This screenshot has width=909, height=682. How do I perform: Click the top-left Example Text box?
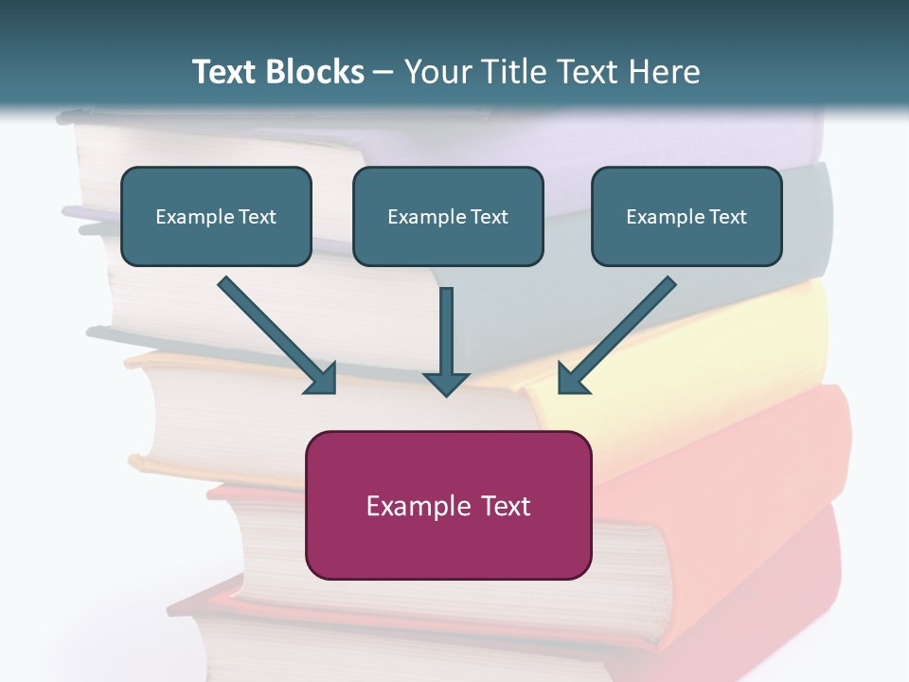tap(216, 216)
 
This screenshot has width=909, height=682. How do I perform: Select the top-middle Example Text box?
tap(448, 216)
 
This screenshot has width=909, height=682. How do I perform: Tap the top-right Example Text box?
tap(686, 216)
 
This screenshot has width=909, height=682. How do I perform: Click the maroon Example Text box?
tap(448, 505)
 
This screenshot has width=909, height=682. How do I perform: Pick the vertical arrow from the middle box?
tap(446, 336)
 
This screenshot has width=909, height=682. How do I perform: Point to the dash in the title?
tap(384, 72)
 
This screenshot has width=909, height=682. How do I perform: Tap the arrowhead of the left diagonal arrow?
tap(320, 378)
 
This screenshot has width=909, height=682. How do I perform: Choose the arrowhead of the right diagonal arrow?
tap(572, 378)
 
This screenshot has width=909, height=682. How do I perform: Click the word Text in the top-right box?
tap(726, 216)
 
